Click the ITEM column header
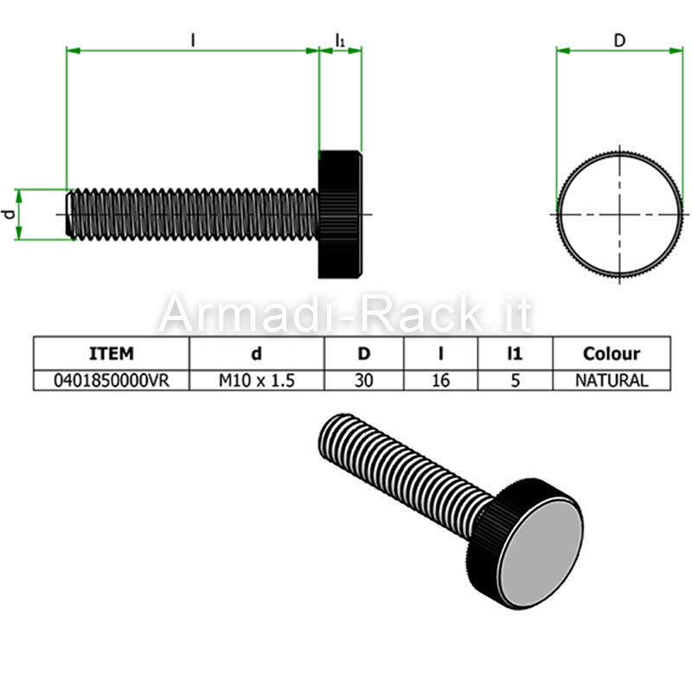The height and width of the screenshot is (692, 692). (x=112, y=354)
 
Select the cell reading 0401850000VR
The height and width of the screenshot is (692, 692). (x=112, y=381)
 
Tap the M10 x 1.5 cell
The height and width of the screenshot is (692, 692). (x=256, y=381)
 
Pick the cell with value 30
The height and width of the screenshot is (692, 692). (x=363, y=381)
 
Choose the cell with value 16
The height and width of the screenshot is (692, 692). (x=440, y=381)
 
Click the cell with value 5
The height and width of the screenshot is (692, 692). (x=515, y=381)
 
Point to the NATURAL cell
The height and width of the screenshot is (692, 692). (x=612, y=381)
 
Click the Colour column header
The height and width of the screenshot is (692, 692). (x=612, y=354)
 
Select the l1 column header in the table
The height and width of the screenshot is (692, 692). (x=515, y=354)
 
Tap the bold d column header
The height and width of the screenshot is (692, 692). (x=256, y=354)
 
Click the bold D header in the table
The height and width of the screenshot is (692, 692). (x=363, y=354)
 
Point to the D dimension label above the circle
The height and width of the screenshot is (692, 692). (x=619, y=41)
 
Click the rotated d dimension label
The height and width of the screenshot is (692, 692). (x=9, y=215)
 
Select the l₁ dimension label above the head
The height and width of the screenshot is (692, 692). (x=340, y=41)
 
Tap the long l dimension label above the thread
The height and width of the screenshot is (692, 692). (x=192, y=41)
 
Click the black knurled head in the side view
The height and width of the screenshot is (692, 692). (x=340, y=215)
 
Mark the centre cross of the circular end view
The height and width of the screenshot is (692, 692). (x=620, y=215)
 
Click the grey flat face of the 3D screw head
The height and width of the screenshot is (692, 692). (x=541, y=555)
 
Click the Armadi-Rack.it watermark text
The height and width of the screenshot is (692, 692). (x=345, y=314)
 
